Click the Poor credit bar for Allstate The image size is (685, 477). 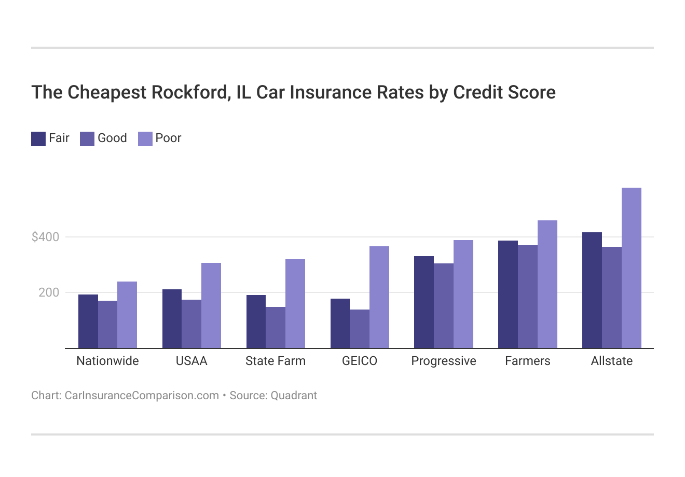tap(631, 268)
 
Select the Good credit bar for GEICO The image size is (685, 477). tap(360, 329)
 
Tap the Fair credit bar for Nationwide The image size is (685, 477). tap(88, 321)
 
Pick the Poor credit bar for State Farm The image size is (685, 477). tap(295, 303)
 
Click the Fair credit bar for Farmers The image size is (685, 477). tap(508, 294)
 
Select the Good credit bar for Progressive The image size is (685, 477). tap(444, 305)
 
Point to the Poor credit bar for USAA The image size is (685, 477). tap(211, 305)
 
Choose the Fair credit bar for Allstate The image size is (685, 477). tap(592, 290)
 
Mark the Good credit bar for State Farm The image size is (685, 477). tap(276, 327)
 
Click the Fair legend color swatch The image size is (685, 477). tap(38, 139)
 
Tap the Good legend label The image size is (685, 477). tap(112, 138)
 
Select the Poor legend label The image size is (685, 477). tap(168, 138)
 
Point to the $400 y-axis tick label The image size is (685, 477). tap(46, 237)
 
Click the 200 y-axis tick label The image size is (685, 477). tap(49, 293)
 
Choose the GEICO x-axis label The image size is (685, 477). tap(360, 361)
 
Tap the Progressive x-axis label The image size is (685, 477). tap(444, 361)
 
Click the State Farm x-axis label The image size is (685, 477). tap(276, 361)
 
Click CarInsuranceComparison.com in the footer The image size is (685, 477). tap(142, 396)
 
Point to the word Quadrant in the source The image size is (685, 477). tap(294, 396)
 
